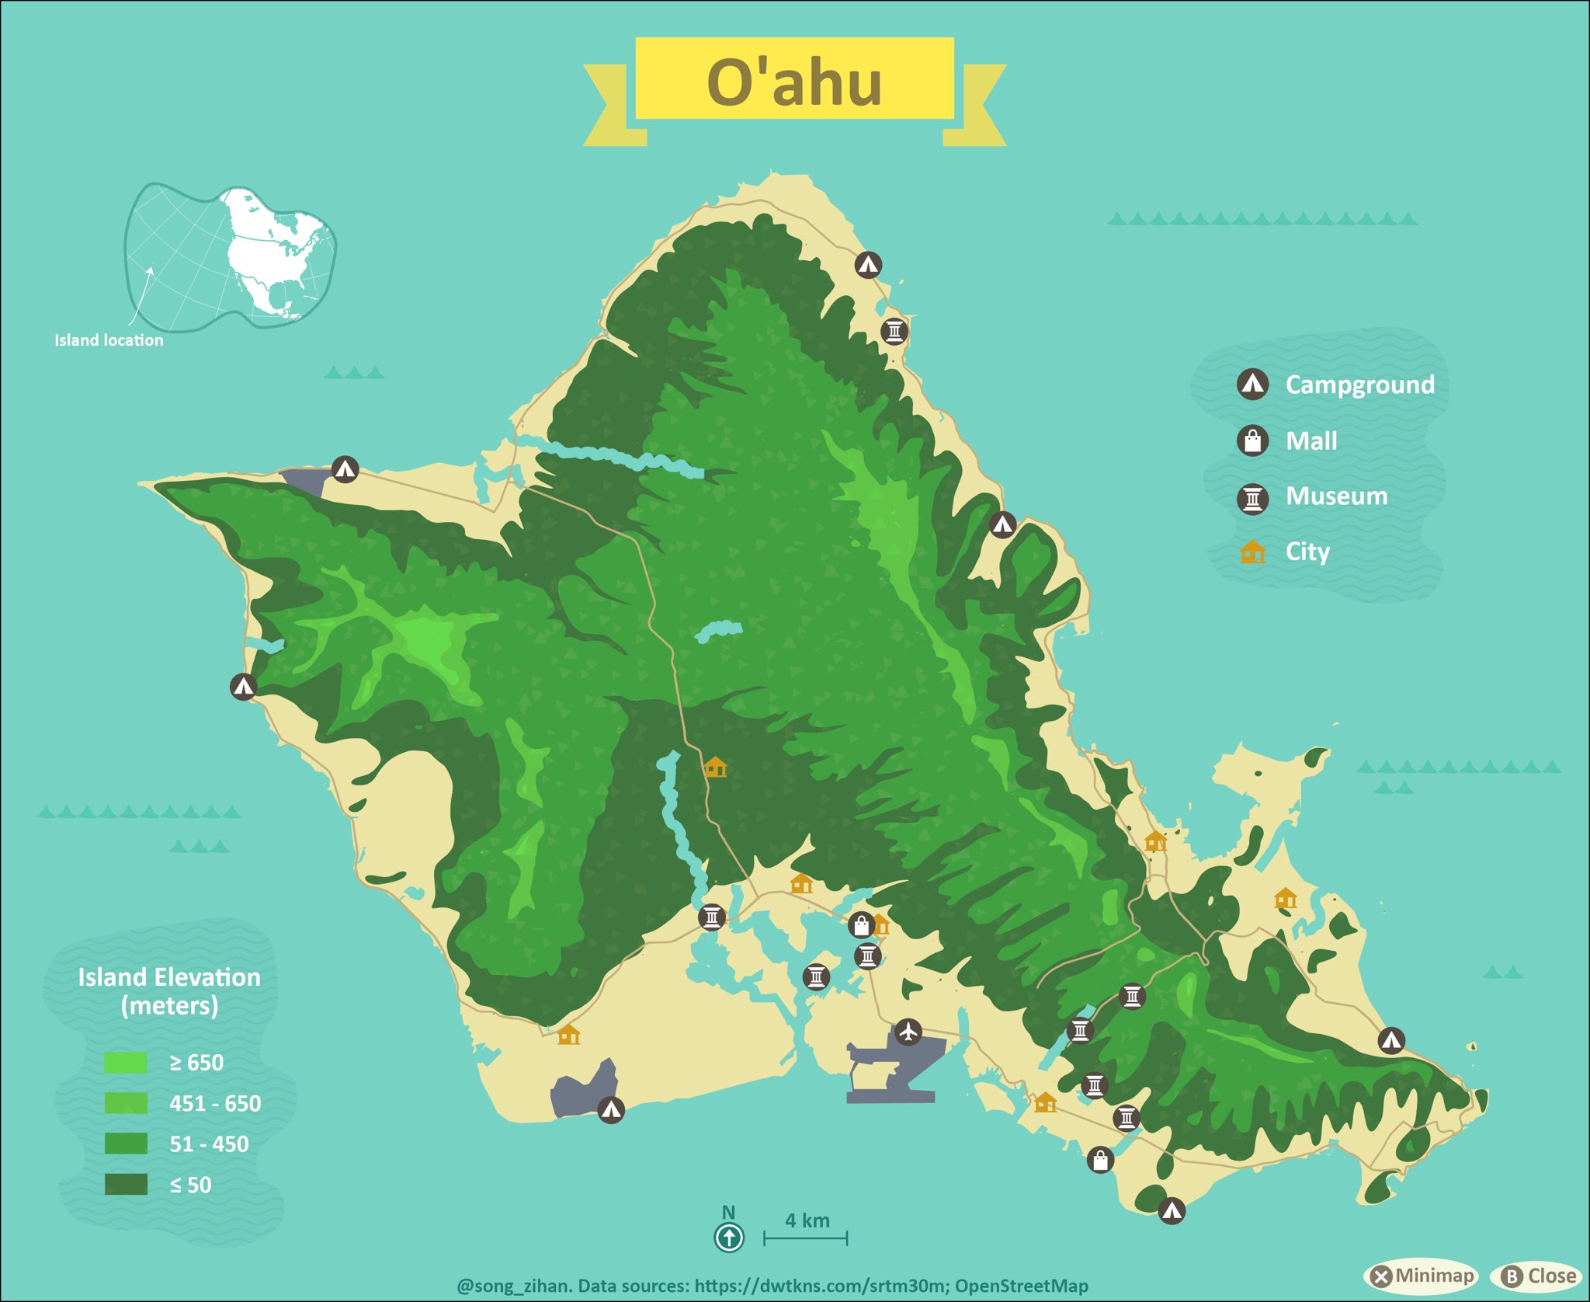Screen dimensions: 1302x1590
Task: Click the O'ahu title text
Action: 794,82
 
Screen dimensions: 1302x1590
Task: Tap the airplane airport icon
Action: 908,1032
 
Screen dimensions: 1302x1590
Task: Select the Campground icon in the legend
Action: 1252,384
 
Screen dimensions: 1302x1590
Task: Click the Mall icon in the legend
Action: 1252,440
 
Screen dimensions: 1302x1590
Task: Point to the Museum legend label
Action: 1336,496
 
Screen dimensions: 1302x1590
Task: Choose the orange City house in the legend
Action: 1252,552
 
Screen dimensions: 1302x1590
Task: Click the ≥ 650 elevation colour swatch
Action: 126,1063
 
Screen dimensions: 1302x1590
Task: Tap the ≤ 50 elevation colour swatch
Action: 126,1185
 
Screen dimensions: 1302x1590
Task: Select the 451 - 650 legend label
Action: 215,1103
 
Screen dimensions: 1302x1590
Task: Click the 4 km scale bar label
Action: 807,1220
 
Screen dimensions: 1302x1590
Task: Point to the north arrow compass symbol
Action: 728,1237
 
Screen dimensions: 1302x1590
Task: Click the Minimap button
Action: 1422,1276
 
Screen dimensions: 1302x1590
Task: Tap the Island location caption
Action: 109,340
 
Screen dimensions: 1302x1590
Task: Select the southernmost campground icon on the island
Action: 1172,1210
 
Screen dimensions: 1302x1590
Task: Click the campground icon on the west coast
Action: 243,687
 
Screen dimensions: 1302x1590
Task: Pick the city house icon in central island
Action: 715,768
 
